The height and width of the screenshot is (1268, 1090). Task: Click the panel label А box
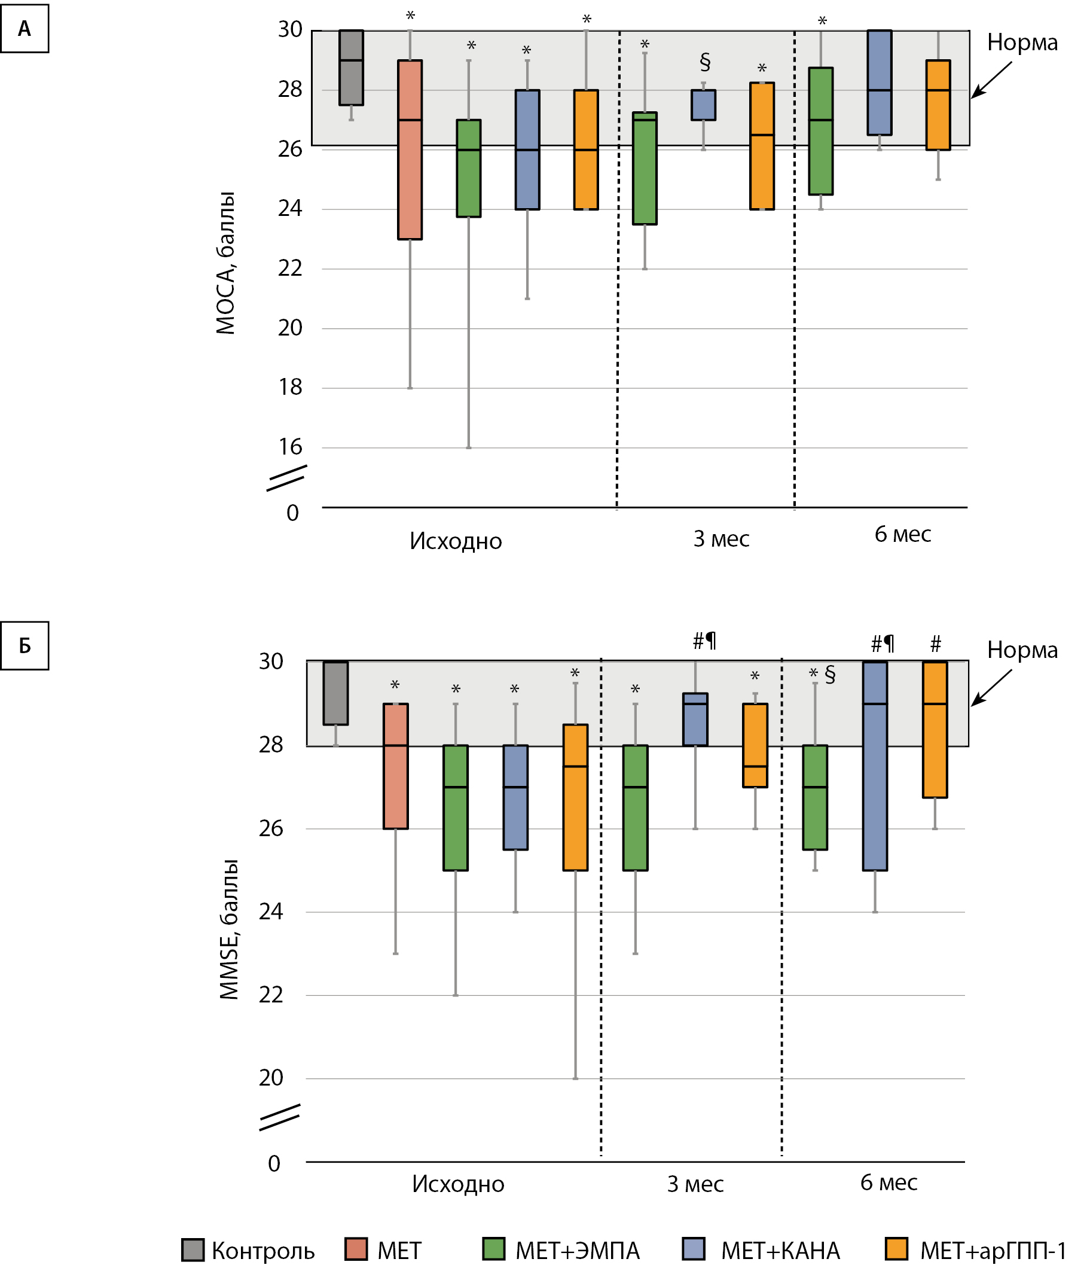point(25,29)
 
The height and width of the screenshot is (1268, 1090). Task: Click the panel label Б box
point(25,646)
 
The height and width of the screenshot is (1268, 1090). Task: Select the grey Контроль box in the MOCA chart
point(351,68)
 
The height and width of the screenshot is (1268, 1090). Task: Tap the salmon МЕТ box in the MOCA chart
point(410,150)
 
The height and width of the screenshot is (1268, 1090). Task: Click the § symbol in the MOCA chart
point(705,62)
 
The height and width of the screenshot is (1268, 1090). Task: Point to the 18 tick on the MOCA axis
point(291,388)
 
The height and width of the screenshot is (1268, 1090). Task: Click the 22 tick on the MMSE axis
point(271,996)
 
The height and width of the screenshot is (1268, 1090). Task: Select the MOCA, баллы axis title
point(225,263)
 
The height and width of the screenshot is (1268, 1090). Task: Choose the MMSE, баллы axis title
point(230,929)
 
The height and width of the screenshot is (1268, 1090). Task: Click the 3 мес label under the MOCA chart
point(721,539)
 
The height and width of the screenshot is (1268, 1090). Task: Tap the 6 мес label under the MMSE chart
point(889,1183)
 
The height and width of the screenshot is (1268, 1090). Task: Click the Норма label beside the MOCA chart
point(1022,43)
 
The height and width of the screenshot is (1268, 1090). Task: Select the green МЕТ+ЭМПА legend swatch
point(494,1249)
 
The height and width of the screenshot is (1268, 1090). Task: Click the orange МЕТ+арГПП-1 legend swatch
point(897,1249)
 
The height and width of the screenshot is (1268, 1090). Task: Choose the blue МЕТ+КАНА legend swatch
point(693,1249)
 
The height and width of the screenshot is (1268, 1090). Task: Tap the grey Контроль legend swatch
point(193,1249)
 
